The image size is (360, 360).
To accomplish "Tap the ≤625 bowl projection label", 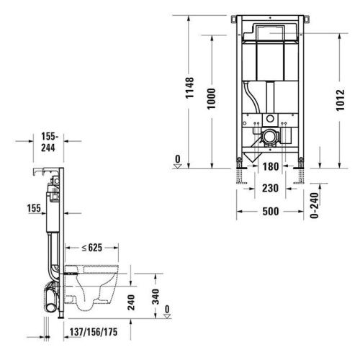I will tap(91, 248).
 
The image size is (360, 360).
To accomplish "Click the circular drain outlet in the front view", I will tap(269, 135).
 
